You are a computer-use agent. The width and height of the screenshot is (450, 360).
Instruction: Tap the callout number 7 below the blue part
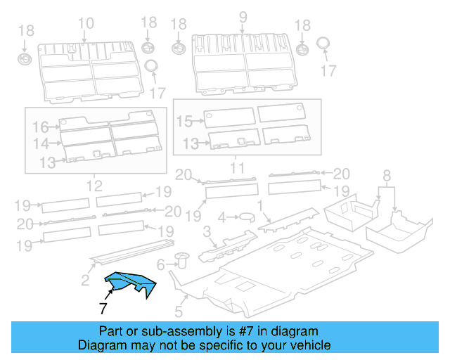point(103,308)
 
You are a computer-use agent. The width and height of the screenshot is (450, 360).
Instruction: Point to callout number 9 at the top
point(243,17)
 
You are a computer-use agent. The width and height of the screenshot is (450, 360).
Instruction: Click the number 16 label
point(39,127)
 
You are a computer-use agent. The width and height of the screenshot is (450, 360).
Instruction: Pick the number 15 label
point(184,122)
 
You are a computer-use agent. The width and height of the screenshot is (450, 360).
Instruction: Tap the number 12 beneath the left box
point(94,186)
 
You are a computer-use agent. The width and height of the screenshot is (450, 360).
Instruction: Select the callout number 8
point(385,174)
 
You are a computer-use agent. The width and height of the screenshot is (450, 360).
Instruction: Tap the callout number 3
point(207,231)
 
